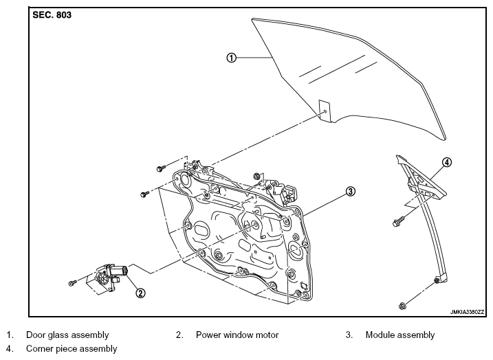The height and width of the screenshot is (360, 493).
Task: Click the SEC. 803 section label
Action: point(52,14)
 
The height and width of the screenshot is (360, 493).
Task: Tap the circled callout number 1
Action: point(231,58)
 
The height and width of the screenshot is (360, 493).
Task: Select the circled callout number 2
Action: point(140,293)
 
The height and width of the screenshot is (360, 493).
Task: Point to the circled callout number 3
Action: point(351,191)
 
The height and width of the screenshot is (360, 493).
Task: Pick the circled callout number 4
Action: point(447,162)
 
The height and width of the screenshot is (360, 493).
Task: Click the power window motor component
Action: point(111,275)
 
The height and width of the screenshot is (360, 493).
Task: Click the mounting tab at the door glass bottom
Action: point(325,111)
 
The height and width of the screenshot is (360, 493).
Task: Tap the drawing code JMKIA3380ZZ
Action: point(467,312)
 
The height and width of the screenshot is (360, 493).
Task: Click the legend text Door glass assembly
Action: point(67,335)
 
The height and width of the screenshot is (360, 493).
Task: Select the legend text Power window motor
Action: point(237,335)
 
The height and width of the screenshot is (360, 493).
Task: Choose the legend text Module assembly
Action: point(400,335)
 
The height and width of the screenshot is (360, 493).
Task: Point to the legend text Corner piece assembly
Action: point(72,349)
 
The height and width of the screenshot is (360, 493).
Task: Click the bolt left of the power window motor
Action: point(72,283)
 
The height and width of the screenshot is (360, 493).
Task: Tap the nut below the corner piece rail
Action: point(402,305)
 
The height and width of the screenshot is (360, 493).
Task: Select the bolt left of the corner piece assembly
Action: point(397,223)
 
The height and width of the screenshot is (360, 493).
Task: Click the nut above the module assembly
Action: point(256,177)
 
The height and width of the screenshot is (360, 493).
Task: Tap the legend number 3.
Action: point(349,335)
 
